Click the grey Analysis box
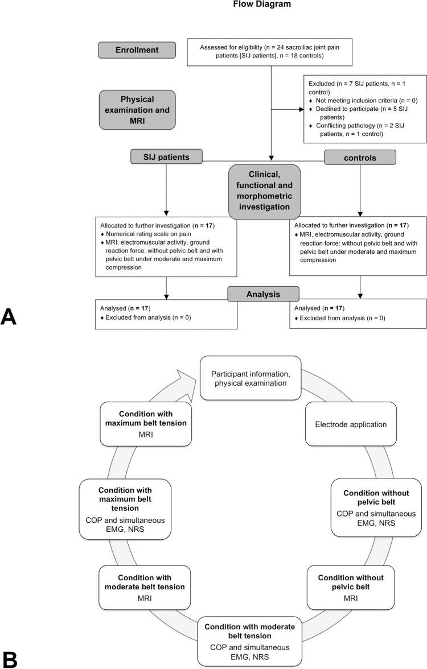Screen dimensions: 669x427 click(x=263, y=294)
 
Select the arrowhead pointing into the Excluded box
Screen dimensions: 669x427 click(x=300, y=109)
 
